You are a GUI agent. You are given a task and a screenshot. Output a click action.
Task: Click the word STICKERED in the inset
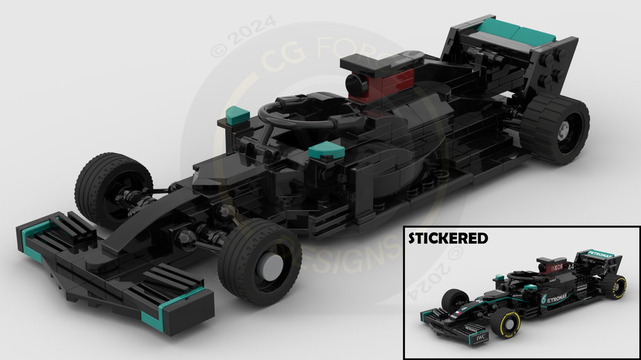[448, 238]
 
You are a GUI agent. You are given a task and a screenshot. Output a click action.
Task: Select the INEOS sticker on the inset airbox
[555, 265]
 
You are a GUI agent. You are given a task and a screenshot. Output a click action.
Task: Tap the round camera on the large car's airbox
[354, 82]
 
